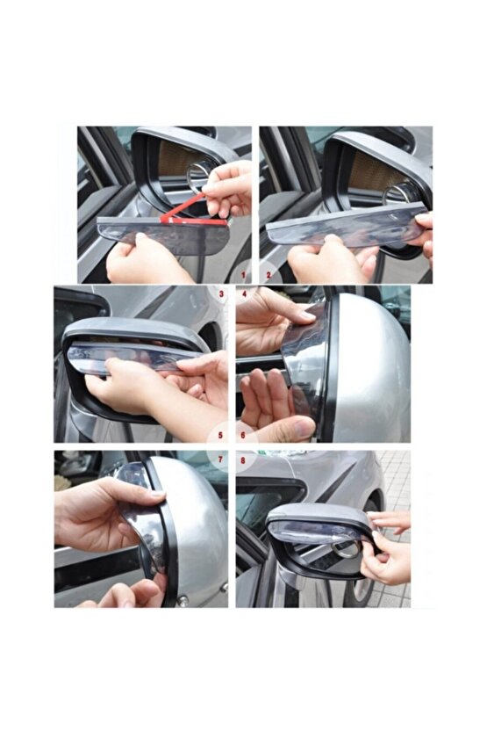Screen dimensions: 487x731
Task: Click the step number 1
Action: click(x=242, y=276)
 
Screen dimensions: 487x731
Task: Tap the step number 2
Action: click(x=269, y=276)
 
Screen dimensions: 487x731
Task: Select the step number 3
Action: click(x=222, y=294)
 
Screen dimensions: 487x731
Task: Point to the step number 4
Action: click(x=244, y=294)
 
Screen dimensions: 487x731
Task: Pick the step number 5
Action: click(x=221, y=436)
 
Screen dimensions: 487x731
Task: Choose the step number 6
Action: click(x=243, y=436)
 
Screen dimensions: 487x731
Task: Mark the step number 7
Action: click(x=221, y=460)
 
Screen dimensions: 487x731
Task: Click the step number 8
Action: click(x=243, y=460)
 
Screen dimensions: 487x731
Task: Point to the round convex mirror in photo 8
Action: click(x=347, y=551)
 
